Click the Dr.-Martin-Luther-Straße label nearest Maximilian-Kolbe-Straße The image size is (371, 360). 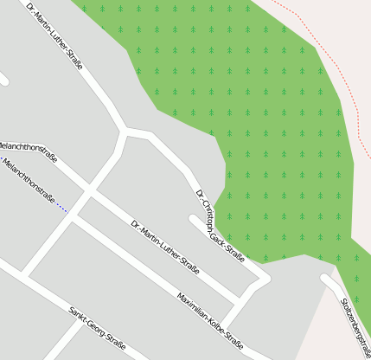tap(165, 247)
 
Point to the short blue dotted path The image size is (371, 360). tap(61, 207)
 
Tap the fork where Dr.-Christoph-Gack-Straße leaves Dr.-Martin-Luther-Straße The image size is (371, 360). tap(127, 132)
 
